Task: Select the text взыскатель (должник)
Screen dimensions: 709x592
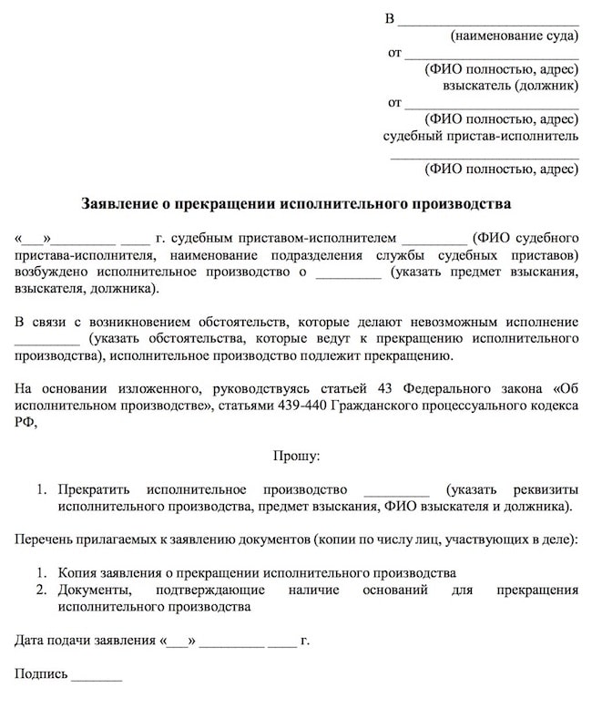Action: (x=510, y=87)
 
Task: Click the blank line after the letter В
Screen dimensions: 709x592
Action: (x=489, y=19)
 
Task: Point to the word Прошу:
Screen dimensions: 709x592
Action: (x=296, y=453)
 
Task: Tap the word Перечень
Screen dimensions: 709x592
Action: (x=44, y=539)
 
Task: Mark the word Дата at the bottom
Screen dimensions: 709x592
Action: (x=31, y=641)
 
